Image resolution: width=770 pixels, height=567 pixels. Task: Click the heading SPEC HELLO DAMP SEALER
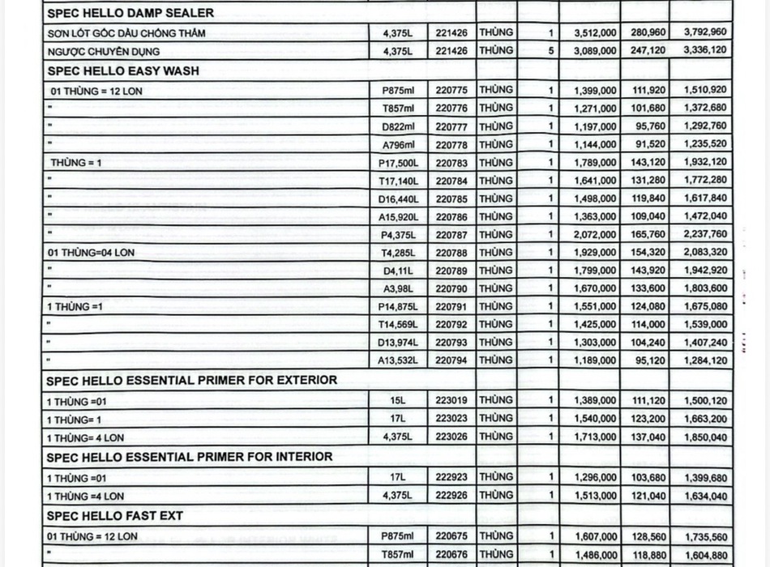tap(130, 13)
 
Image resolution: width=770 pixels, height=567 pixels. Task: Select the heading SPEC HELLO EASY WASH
tap(122, 70)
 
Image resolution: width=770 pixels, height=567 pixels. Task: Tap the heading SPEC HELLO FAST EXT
tap(114, 515)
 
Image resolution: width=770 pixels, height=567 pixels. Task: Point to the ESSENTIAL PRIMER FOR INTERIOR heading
tap(189, 457)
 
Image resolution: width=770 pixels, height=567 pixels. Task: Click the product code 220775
tap(451, 90)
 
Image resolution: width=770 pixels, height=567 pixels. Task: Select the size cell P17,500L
tap(397, 163)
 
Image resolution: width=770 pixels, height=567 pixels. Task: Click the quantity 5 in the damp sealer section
tap(551, 50)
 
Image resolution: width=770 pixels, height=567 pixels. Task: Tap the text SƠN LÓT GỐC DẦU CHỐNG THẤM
tap(126, 33)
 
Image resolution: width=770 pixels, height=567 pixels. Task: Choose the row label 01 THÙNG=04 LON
tap(91, 253)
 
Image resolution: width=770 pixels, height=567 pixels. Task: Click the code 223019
tap(451, 400)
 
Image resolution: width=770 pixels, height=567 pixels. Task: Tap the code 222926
tap(451, 495)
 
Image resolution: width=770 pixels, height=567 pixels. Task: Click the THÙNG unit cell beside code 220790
tap(495, 288)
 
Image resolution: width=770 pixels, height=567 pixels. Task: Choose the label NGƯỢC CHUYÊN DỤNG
tap(103, 51)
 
